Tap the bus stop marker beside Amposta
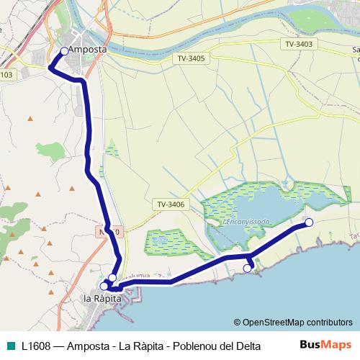click(x=64, y=51)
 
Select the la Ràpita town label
click(x=102, y=298)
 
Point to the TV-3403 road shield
click(x=299, y=44)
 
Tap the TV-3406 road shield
click(x=171, y=204)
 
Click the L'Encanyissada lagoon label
click(x=246, y=222)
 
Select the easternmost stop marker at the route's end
click(x=310, y=222)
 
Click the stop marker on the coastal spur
click(x=247, y=269)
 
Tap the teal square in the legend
click(x=10, y=345)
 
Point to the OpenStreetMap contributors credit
click(x=292, y=323)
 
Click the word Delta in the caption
click(x=246, y=346)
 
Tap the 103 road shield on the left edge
click(x=6, y=74)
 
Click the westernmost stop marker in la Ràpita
click(x=104, y=286)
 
